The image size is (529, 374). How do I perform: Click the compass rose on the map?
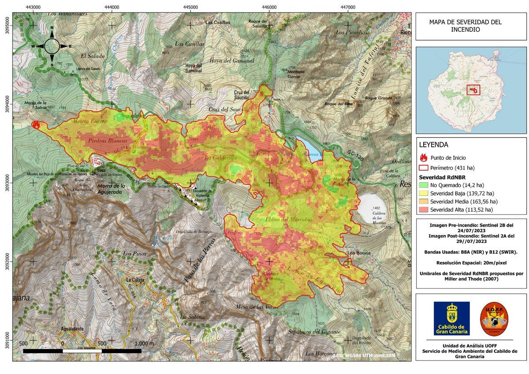(52, 46)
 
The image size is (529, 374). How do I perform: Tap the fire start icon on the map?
(36, 125)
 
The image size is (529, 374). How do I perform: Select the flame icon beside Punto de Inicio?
(424, 157)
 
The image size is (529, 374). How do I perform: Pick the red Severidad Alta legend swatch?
(424, 209)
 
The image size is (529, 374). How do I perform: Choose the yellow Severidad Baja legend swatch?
(424, 194)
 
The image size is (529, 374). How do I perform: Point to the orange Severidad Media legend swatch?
(424, 202)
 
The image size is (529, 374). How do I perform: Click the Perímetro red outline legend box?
(424, 168)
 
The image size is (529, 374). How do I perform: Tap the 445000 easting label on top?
(190, 7)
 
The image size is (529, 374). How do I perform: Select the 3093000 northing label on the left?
(7, 182)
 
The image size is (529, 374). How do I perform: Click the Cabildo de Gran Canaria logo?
(451, 318)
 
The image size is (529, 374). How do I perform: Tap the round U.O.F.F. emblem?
(494, 318)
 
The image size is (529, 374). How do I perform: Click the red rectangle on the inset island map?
(473, 90)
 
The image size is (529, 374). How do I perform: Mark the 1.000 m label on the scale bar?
(144, 344)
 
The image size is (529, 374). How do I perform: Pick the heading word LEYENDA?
(433, 145)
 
